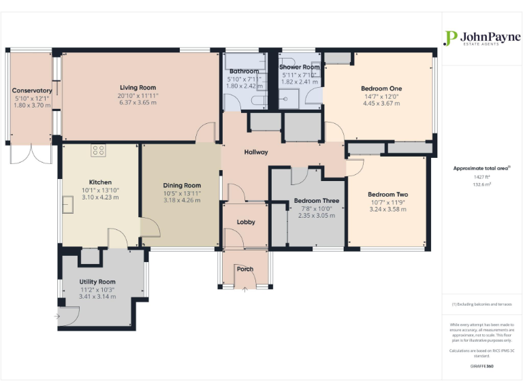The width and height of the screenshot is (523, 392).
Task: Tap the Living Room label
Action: point(138,88)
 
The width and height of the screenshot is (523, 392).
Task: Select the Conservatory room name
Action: point(32,91)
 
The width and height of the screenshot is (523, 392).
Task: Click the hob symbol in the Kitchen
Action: point(98,151)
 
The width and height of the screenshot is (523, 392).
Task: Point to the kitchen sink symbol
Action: point(69,203)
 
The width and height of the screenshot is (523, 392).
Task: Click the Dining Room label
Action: point(182,185)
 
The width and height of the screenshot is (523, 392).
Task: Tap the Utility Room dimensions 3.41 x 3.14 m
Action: point(97,297)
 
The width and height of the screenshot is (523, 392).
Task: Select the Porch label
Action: point(245,269)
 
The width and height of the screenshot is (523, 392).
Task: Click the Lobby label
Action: point(245,223)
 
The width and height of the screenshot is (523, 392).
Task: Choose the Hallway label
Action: point(256,152)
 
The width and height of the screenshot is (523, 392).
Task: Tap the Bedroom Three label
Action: point(317,201)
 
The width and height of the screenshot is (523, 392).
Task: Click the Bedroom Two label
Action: point(387,195)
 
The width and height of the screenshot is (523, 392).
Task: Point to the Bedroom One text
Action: point(381,88)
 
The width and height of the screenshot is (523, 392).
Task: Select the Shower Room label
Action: point(300,67)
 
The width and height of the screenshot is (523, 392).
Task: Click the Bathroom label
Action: point(244,71)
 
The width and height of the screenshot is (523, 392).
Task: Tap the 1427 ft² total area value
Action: point(482,177)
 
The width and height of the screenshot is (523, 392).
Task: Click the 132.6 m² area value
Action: point(482,184)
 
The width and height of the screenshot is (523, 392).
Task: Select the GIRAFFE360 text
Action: point(482,366)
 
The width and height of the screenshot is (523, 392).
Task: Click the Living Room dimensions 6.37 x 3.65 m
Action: point(138,103)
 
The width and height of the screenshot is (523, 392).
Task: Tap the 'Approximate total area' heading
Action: point(481,167)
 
